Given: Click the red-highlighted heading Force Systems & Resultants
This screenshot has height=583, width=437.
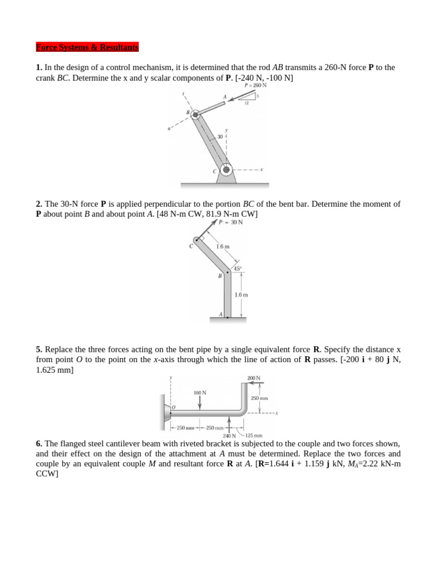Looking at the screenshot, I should [87, 47].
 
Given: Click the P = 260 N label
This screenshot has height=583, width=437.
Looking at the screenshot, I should [255, 85].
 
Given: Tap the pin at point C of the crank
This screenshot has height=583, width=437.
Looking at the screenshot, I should [226, 170].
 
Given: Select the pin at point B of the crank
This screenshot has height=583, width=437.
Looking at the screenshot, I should [195, 114].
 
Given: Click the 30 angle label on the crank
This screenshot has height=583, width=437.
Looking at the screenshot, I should [220, 137].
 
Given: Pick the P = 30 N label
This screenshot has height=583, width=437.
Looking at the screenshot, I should [230, 223].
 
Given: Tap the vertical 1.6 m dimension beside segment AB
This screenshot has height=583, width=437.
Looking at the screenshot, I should [241, 295].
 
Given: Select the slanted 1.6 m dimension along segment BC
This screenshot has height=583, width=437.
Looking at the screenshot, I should [222, 247].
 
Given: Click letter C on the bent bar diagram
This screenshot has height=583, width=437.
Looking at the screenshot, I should [191, 246].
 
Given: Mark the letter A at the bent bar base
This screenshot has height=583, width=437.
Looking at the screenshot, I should [221, 314].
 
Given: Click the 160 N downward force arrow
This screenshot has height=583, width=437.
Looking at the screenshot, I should [200, 401].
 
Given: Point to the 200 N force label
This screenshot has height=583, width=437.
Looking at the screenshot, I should [253, 378].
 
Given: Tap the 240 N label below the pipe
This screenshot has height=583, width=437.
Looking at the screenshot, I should [229, 436].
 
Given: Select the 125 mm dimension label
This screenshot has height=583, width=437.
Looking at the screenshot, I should [253, 436].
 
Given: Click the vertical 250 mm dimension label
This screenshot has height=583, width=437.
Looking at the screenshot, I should [259, 399].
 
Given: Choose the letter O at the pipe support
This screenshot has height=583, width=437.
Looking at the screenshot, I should [174, 407].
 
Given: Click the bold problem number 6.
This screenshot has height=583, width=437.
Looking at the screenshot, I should [39, 443].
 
